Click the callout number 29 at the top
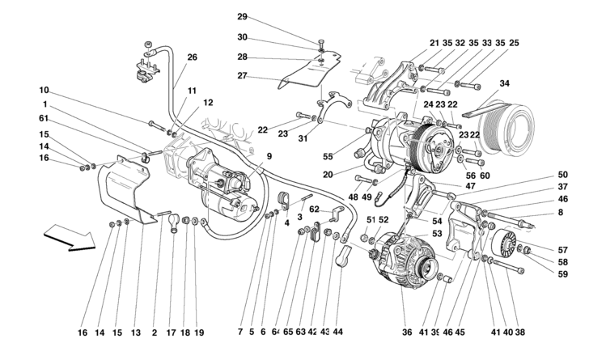click(x=242, y=17)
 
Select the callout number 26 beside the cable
click(x=192, y=57)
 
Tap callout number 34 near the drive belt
click(x=505, y=83)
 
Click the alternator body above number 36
click(x=402, y=257)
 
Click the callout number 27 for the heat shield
click(x=242, y=76)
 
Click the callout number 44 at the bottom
click(x=337, y=332)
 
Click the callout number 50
click(x=562, y=175)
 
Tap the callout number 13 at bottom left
click(x=136, y=332)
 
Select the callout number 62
click(x=314, y=209)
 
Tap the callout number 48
click(x=354, y=197)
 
